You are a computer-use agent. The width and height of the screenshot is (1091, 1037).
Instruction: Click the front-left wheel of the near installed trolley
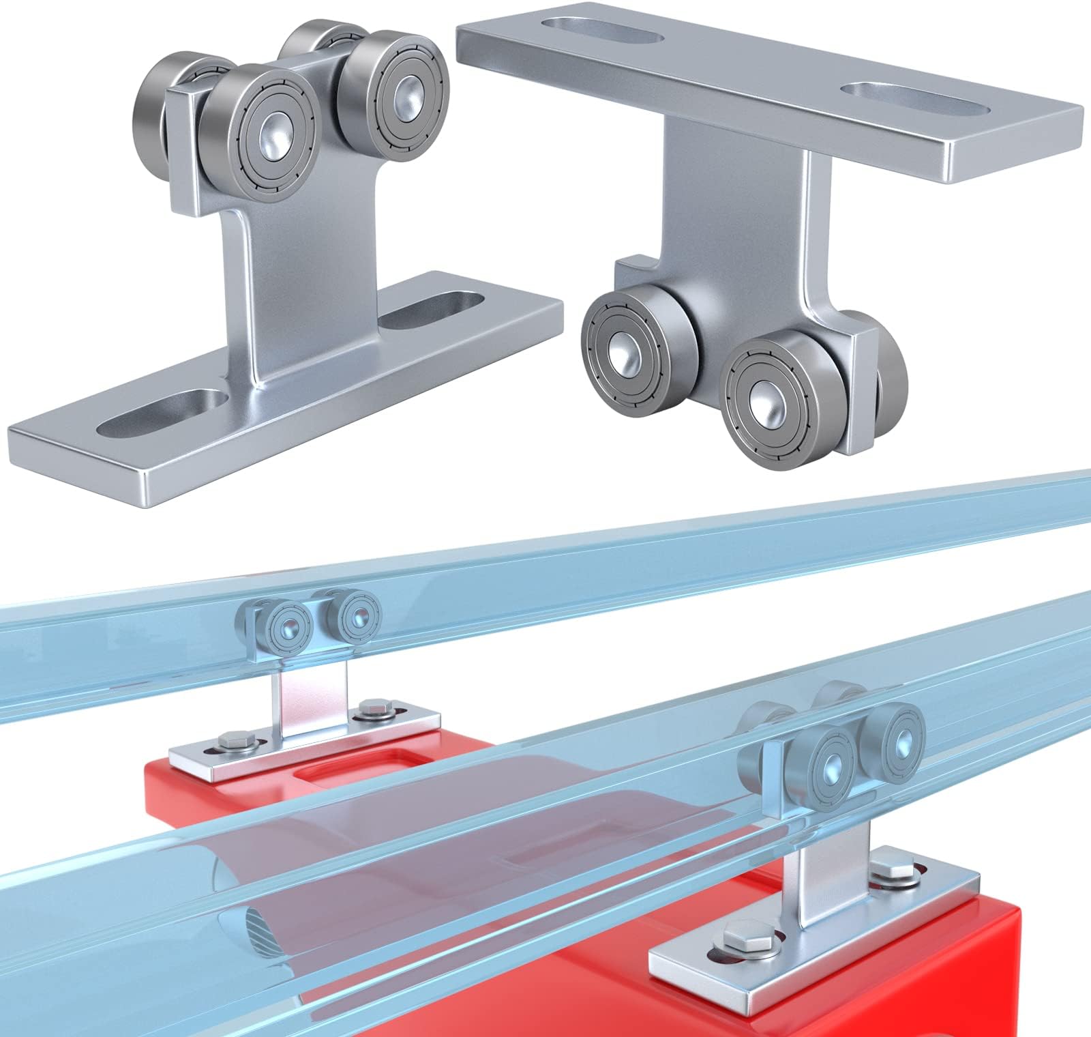click(831, 759)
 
